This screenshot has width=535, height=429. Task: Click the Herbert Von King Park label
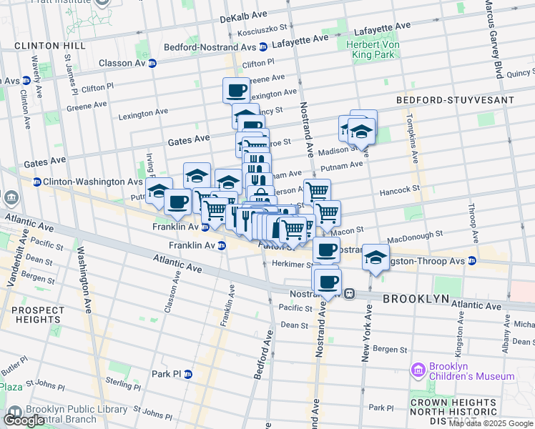click(x=370, y=49)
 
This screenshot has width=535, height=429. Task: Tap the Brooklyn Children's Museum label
click(x=471, y=371)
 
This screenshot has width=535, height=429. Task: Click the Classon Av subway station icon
click(x=152, y=63)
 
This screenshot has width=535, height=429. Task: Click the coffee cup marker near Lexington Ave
click(x=236, y=90)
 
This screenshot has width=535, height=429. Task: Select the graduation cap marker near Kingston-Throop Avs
click(x=376, y=257)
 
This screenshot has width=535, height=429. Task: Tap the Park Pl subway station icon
click(x=188, y=374)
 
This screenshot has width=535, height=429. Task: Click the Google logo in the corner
click(x=25, y=420)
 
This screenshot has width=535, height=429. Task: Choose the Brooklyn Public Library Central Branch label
click(x=72, y=414)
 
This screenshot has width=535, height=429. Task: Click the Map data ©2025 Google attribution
click(x=490, y=423)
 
